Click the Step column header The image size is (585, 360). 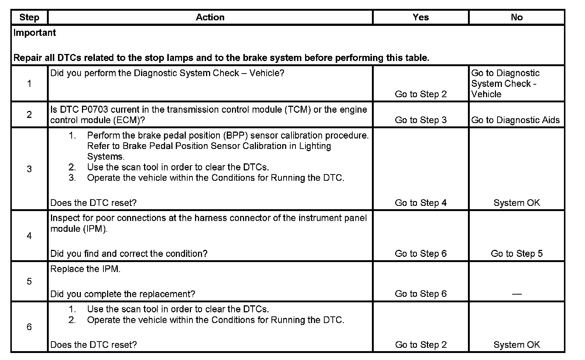[x=29, y=17]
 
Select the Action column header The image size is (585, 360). [x=210, y=17]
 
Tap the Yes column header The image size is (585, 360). [x=421, y=17]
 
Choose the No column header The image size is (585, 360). [x=516, y=17]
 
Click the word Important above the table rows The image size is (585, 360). [x=34, y=33]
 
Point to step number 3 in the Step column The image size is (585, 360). [x=29, y=169]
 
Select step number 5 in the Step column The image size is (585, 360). [x=29, y=281]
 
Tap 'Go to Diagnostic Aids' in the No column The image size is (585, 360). [x=516, y=120]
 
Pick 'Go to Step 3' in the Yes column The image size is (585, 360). [x=421, y=120]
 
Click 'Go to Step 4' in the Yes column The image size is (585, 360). [x=421, y=203]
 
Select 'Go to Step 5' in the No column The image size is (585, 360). [x=516, y=254]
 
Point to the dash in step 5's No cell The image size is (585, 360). [x=517, y=294]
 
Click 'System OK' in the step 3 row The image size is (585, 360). [x=516, y=203]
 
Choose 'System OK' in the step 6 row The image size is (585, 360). [x=516, y=345]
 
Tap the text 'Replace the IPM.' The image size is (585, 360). [x=85, y=269]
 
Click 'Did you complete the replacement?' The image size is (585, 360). [x=123, y=294]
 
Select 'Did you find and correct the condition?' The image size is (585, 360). [x=129, y=254]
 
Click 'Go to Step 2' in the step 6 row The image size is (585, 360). [x=421, y=345]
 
